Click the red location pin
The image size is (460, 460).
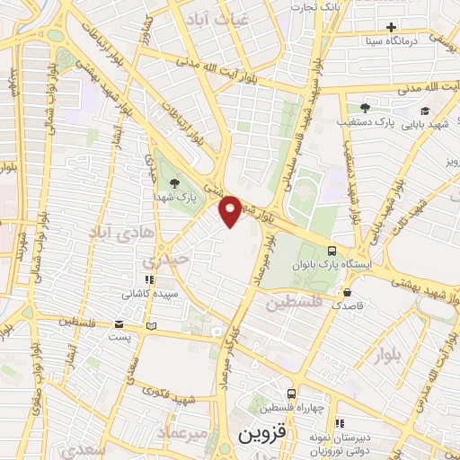pyautogui.click(x=231, y=210)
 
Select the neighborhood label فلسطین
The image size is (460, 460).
pyautogui.click(x=293, y=304)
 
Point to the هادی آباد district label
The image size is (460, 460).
pyautogui.click(x=113, y=232)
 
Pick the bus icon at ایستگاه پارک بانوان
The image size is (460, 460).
pyautogui.click(x=332, y=251)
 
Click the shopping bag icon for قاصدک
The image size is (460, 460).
pyautogui.click(x=347, y=292)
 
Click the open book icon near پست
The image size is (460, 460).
pyautogui.click(x=151, y=325)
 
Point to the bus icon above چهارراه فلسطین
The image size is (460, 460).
pyautogui.click(x=291, y=394)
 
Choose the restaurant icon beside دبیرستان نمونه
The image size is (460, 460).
pyautogui.click(x=339, y=423)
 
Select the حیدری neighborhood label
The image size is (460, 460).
pyautogui.click(x=171, y=259)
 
